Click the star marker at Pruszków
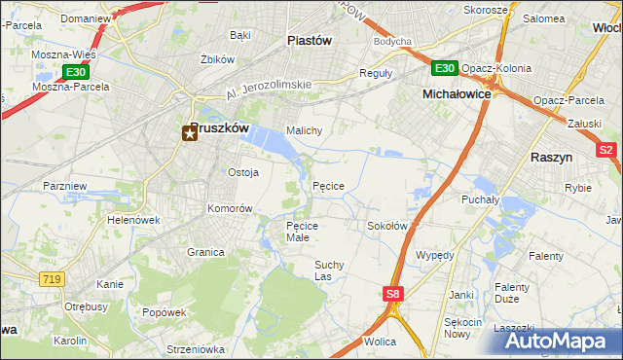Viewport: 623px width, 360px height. (190, 135)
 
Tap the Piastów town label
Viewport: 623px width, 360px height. (310, 41)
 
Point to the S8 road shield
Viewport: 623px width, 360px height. (391, 292)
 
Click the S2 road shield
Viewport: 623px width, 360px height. (606, 150)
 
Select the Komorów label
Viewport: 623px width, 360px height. (231, 208)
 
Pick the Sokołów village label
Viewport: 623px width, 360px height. (386, 226)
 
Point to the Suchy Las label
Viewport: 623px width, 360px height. (331, 270)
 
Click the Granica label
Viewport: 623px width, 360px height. (205, 252)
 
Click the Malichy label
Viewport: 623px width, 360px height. (303, 130)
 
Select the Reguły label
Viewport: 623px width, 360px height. (376, 73)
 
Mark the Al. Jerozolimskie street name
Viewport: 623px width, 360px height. (269, 90)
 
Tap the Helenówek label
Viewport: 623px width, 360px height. (133, 220)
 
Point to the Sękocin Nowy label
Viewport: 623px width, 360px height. (463, 327)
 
